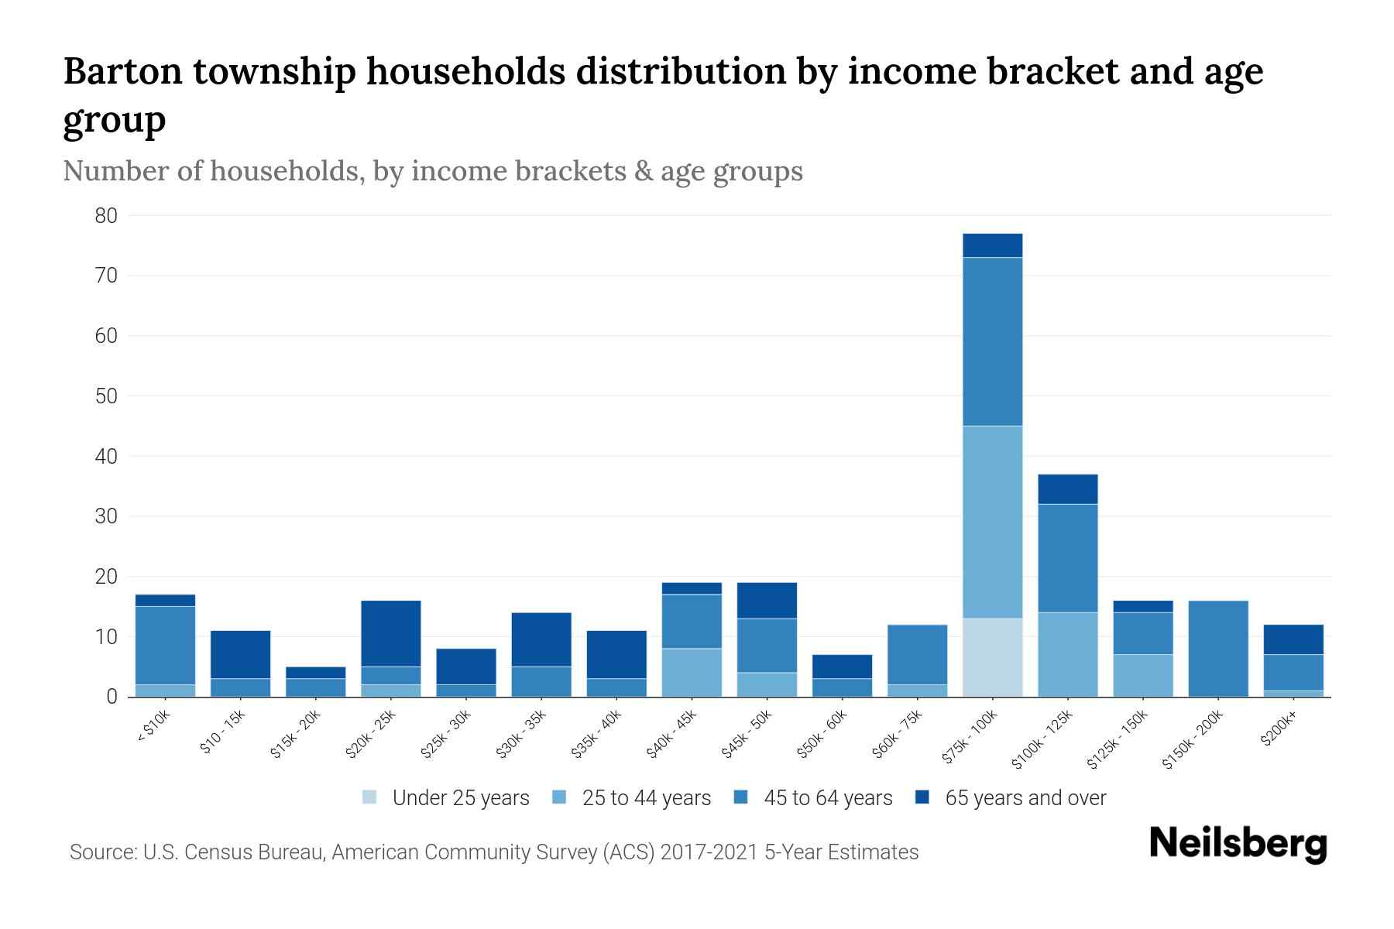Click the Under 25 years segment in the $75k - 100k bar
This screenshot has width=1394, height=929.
click(992, 657)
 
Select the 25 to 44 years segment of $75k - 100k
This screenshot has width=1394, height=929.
click(992, 522)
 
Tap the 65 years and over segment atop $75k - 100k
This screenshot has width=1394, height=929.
click(992, 245)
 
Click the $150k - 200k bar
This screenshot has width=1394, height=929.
click(1218, 649)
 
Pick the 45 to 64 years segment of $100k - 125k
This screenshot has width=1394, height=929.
click(1067, 558)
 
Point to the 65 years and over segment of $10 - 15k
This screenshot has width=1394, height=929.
click(240, 655)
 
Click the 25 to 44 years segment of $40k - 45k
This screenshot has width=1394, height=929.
click(692, 672)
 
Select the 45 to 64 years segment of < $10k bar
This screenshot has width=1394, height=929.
click(165, 646)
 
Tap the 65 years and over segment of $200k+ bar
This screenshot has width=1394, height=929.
click(1293, 639)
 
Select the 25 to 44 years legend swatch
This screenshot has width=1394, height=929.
click(559, 797)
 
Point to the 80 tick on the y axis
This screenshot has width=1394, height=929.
click(106, 216)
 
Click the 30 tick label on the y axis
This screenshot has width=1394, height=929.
click(106, 516)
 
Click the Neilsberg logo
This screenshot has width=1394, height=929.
click(1238, 844)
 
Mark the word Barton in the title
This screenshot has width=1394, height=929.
click(122, 71)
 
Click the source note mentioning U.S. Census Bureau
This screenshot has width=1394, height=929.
click(493, 852)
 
